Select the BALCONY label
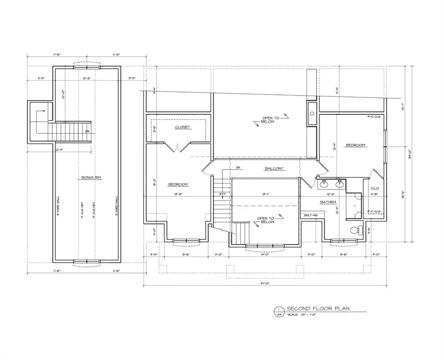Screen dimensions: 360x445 274,169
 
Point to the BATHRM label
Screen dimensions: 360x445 328,202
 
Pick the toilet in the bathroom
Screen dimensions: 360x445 354,230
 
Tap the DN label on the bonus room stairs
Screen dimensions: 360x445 87,131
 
